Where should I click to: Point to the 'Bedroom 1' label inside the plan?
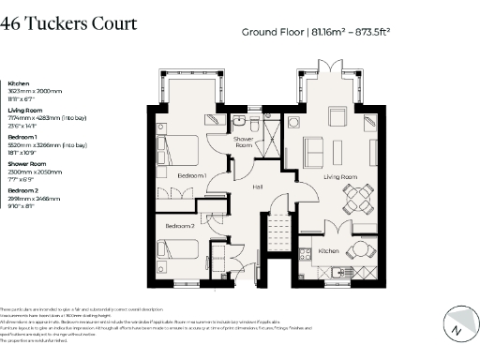tap(191, 175)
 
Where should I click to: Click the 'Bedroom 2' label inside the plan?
tap(180, 226)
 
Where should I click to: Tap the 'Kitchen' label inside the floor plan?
tap(328, 250)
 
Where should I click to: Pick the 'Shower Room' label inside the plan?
tap(245, 143)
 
